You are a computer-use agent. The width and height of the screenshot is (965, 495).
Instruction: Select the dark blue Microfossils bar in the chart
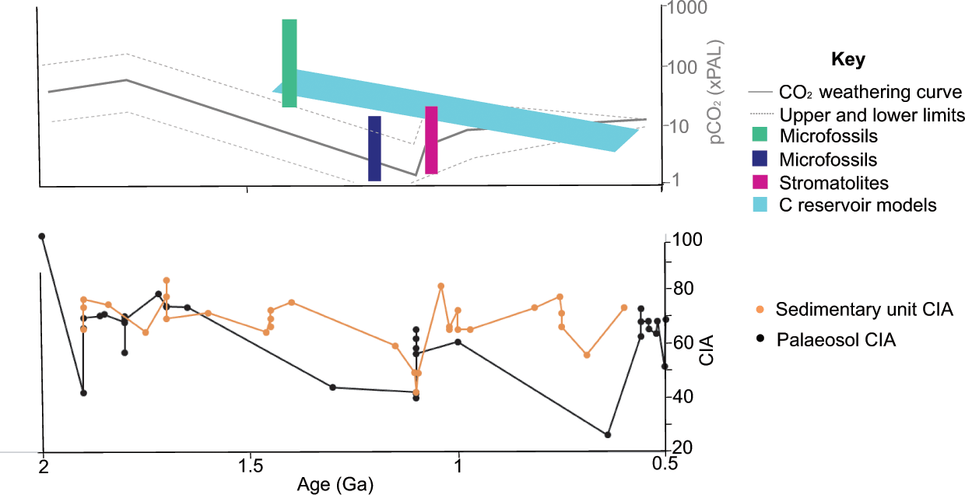(x=374, y=148)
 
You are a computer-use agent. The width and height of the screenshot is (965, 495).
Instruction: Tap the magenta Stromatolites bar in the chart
(x=431, y=140)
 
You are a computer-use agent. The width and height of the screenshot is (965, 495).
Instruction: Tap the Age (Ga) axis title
(x=335, y=485)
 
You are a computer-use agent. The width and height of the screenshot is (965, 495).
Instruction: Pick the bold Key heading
(x=848, y=60)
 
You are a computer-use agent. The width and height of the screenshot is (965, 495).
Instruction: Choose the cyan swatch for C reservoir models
(x=760, y=205)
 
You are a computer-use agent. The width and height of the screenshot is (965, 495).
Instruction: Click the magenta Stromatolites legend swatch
(x=760, y=183)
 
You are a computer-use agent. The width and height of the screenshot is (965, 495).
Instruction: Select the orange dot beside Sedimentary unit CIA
(x=760, y=310)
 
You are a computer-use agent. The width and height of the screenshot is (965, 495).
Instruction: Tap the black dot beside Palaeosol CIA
(x=760, y=340)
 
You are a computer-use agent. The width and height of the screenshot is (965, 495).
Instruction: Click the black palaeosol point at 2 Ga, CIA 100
(x=42, y=236)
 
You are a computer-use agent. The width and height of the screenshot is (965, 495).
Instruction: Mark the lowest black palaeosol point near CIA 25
(x=608, y=434)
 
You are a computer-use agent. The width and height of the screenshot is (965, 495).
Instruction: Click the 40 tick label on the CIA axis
(x=683, y=396)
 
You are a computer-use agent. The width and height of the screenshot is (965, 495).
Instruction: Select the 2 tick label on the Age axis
(x=44, y=466)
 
